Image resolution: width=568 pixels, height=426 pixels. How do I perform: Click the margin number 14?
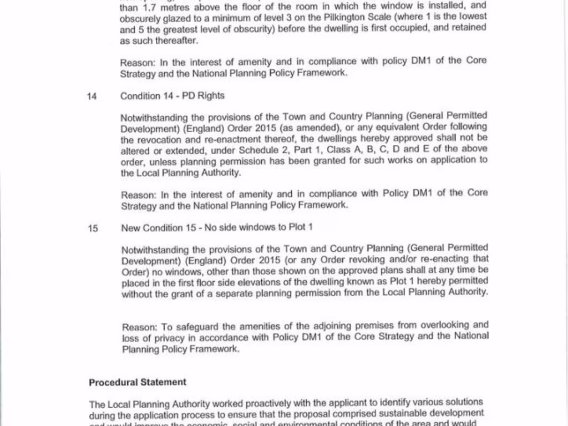[x=92, y=96]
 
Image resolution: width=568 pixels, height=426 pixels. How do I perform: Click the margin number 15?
[x=93, y=228]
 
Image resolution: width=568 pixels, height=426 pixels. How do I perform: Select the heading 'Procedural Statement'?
[x=138, y=382]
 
